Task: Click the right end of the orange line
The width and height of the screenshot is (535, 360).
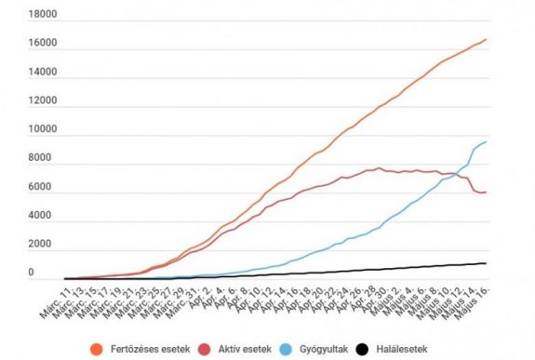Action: click(x=486, y=39)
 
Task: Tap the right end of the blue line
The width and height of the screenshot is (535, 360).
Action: click(x=486, y=141)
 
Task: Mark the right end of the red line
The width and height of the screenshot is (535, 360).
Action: click(x=486, y=193)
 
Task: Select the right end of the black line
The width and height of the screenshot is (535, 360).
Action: click(x=486, y=263)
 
